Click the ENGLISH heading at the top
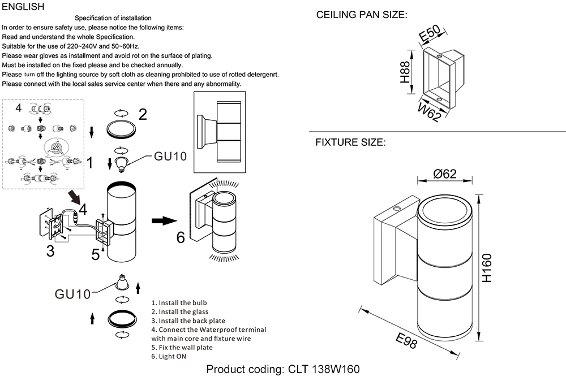click(x=23, y=7)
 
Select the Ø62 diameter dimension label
click(x=445, y=174)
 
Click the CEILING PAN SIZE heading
click(x=361, y=15)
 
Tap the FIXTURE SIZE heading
click(x=350, y=142)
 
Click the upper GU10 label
click(x=170, y=157)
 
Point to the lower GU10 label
click(x=72, y=294)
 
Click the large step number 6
click(x=181, y=237)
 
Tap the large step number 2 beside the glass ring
click(x=143, y=115)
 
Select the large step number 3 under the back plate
click(x=50, y=251)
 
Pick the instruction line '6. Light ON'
click(x=169, y=356)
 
